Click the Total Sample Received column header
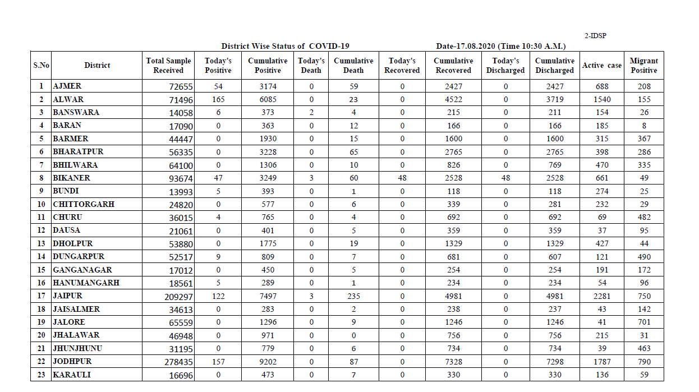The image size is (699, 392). pos(168,66)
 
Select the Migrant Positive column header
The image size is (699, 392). pos(643,66)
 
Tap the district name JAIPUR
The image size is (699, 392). pos(67,296)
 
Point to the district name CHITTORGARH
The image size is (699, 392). pos(84,204)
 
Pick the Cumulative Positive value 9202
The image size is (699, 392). pos(268,362)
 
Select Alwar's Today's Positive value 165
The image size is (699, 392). pos(218,99)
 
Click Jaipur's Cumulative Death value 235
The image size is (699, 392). pos(353,296)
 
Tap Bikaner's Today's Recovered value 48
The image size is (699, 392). pos(402,178)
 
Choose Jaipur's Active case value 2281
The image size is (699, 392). pos(601,296)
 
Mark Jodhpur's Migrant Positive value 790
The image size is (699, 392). pos(644,362)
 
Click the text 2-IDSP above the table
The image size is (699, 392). pos(595,36)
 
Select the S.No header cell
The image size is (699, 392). pos(41,66)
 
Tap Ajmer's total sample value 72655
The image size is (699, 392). pos(181,87)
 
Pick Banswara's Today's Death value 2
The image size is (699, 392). pos(311,112)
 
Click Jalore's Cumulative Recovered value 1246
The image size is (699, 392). pos(453,322)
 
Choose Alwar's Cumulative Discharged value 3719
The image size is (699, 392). pos(554,99)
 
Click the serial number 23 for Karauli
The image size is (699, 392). pos(41,375)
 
